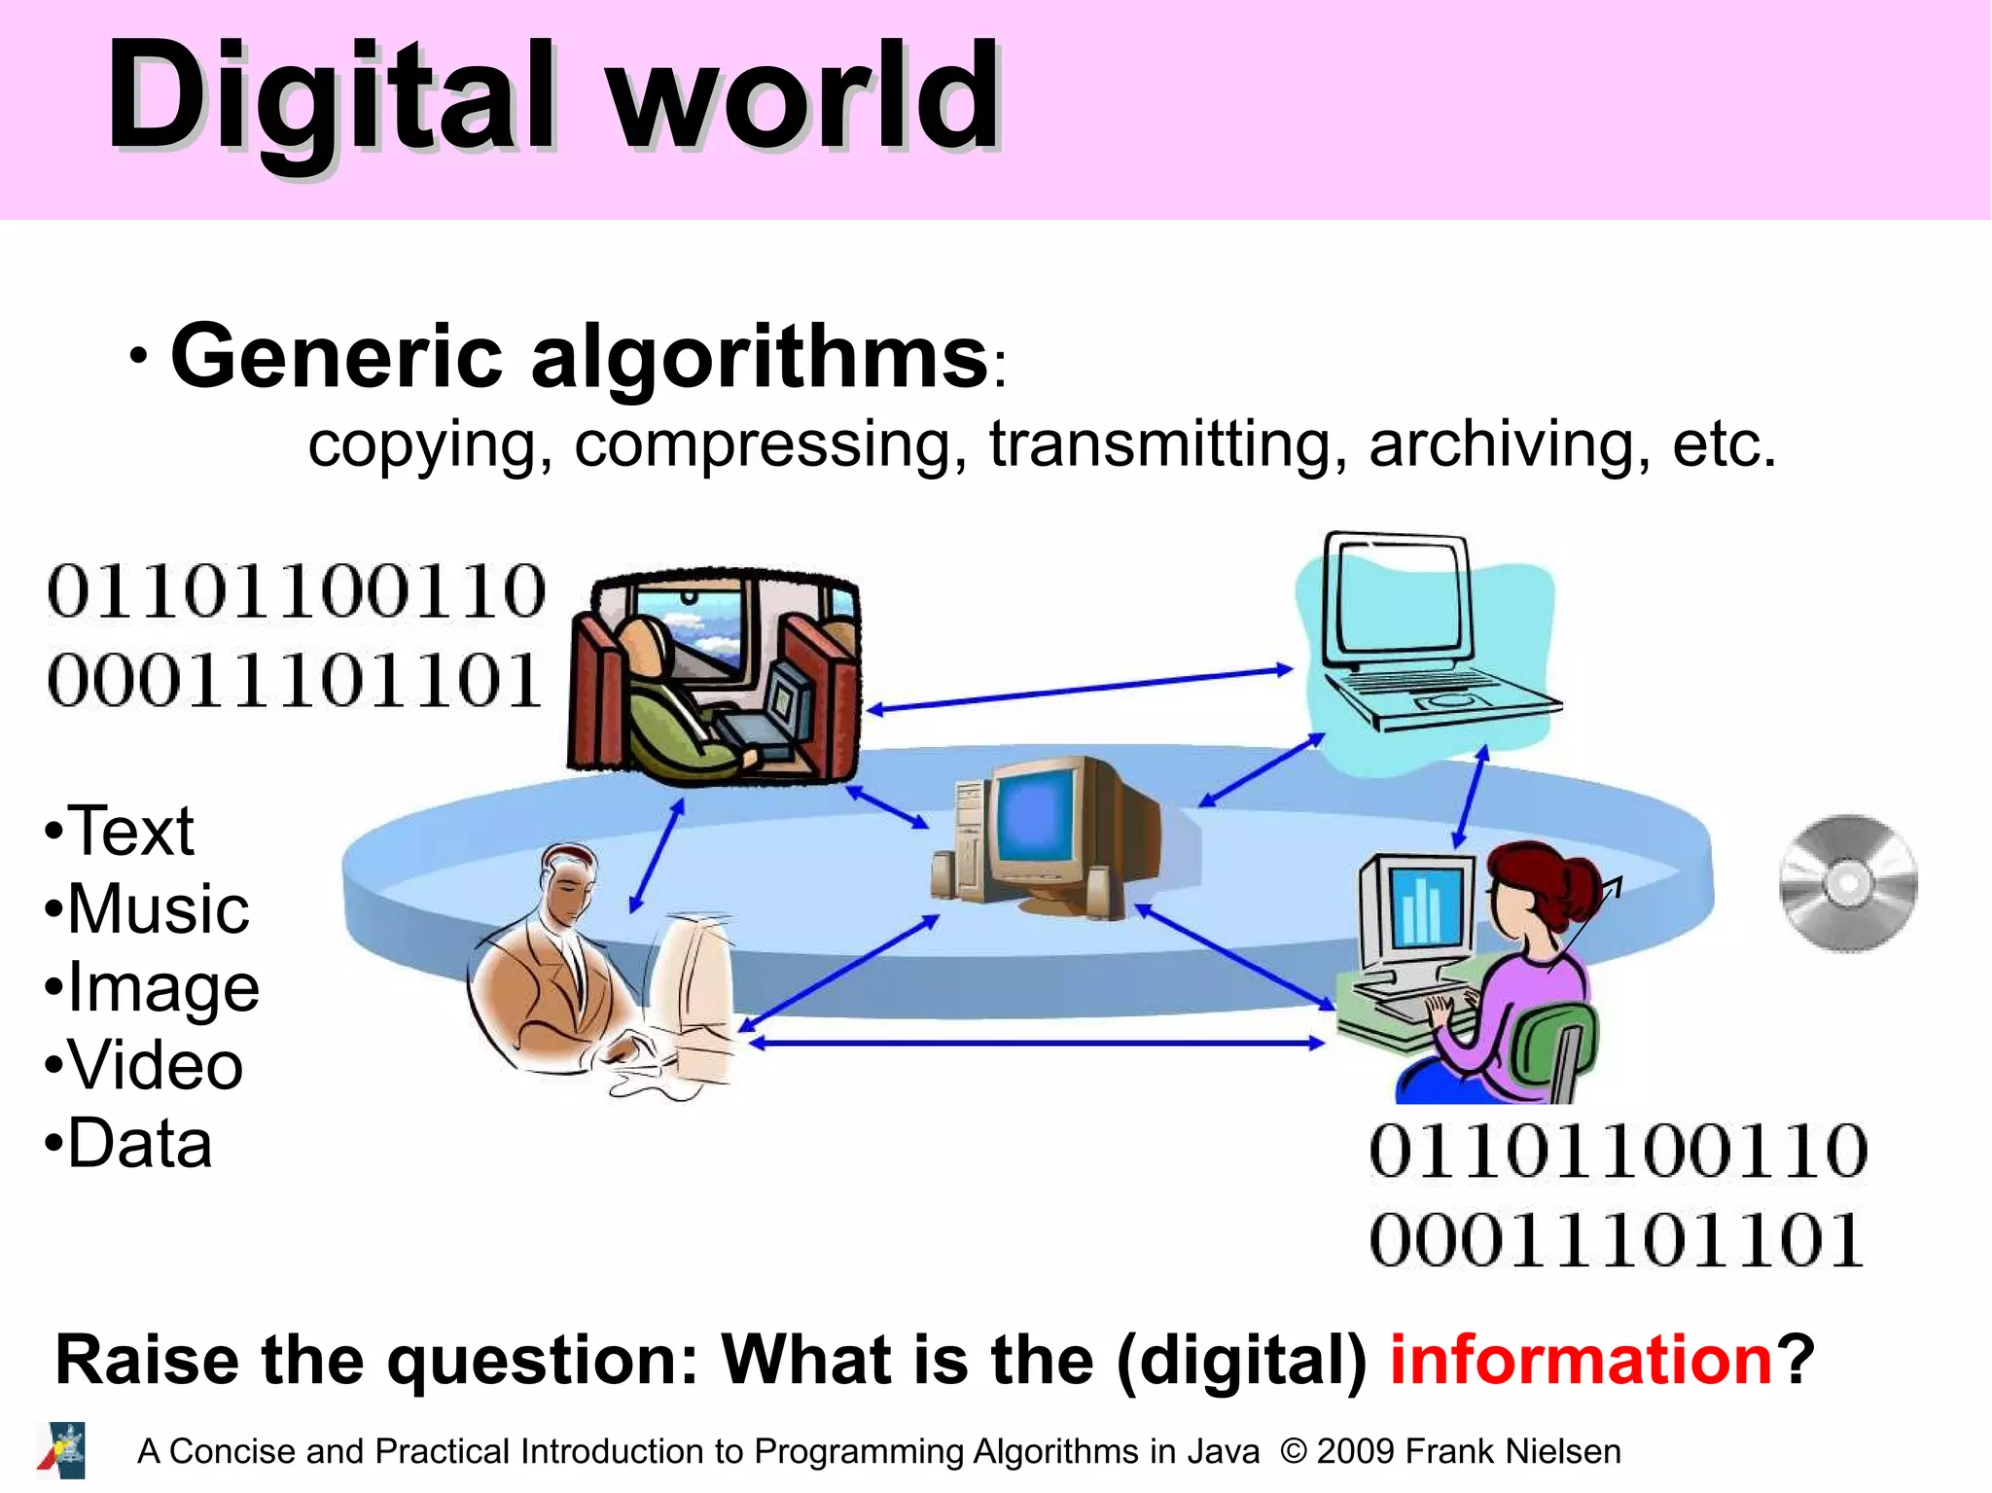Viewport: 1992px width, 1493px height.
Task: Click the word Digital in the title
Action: tap(331, 97)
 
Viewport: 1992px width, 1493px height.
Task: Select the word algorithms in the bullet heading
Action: tap(759, 358)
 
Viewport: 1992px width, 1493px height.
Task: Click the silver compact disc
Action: tap(1848, 882)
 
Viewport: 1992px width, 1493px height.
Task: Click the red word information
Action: tap(1582, 1360)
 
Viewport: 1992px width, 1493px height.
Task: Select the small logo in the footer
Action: tap(62, 1450)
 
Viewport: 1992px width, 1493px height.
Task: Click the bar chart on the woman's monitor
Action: tap(1422, 909)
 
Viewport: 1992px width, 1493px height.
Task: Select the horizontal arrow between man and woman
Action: tap(1036, 1043)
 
